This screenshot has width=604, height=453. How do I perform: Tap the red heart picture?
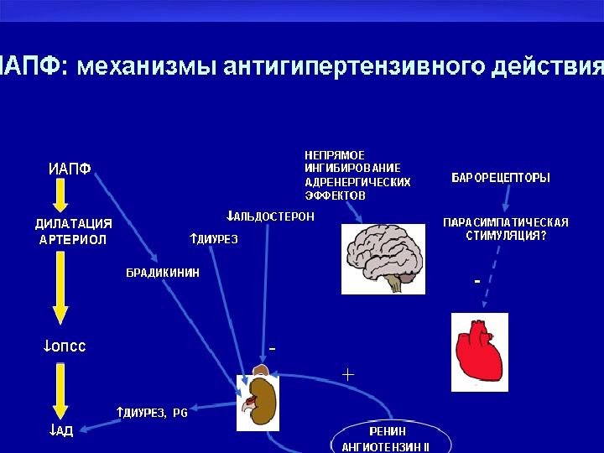click(x=479, y=351)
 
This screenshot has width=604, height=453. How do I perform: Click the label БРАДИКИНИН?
click(x=163, y=272)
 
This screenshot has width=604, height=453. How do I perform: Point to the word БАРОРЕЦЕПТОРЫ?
click(x=501, y=178)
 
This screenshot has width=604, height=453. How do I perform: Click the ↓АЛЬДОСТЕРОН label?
click(x=270, y=216)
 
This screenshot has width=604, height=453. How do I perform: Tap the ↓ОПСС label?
click(x=65, y=346)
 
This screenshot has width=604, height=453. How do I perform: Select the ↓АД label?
click(x=61, y=431)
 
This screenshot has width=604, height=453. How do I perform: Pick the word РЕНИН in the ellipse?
click(x=388, y=431)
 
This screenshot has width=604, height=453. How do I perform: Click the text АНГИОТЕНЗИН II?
click(x=385, y=447)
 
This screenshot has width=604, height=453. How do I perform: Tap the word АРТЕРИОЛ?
click(x=73, y=240)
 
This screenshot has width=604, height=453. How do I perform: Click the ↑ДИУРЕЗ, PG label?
click(x=152, y=413)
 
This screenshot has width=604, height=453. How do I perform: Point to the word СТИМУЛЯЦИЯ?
click(x=506, y=236)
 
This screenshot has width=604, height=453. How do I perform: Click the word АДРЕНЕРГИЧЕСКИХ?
click(x=357, y=181)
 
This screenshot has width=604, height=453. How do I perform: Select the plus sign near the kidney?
click(x=348, y=374)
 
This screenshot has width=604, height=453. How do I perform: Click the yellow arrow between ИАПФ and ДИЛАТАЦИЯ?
click(x=60, y=196)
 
